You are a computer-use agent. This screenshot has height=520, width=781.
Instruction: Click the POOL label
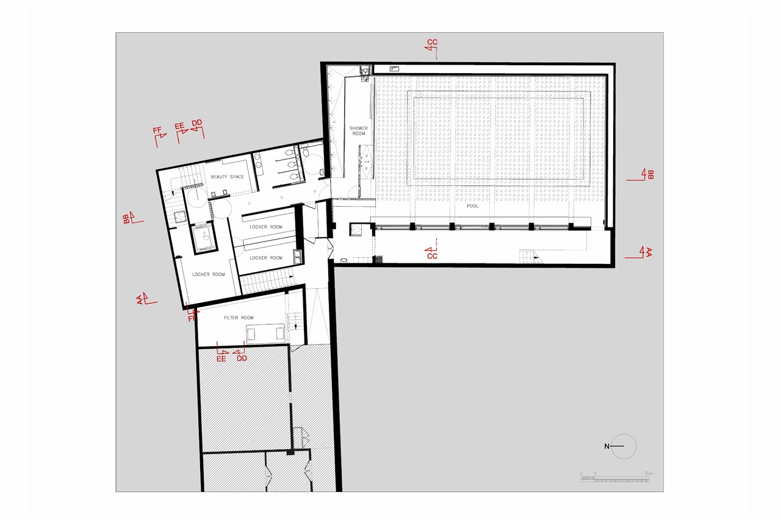[472, 206]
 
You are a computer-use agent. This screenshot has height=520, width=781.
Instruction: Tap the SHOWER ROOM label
[358, 131]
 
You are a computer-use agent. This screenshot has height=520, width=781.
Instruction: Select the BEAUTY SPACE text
[228, 177]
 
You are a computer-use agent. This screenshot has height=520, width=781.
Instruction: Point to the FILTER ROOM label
[239, 318]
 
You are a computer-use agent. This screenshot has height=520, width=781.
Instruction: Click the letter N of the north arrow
[606, 446]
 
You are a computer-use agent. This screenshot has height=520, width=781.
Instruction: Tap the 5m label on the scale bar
[649, 474]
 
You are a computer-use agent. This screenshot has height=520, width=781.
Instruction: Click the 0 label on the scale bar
[581, 474]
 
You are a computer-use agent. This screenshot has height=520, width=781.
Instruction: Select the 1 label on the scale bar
[595, 474]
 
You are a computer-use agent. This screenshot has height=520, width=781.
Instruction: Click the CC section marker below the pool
[431, 250]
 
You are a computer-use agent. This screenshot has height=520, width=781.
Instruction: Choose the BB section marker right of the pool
[641, 174]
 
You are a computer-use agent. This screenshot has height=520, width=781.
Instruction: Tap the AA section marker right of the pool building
[639, 252]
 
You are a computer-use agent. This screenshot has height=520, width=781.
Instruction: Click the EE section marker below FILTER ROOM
[221, 352]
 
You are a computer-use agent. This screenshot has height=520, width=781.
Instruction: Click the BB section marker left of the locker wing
[133, 218]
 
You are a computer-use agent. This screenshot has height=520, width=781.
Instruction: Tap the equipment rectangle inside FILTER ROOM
[265, 333]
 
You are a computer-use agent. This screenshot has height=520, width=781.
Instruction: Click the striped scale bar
[614, 479]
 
